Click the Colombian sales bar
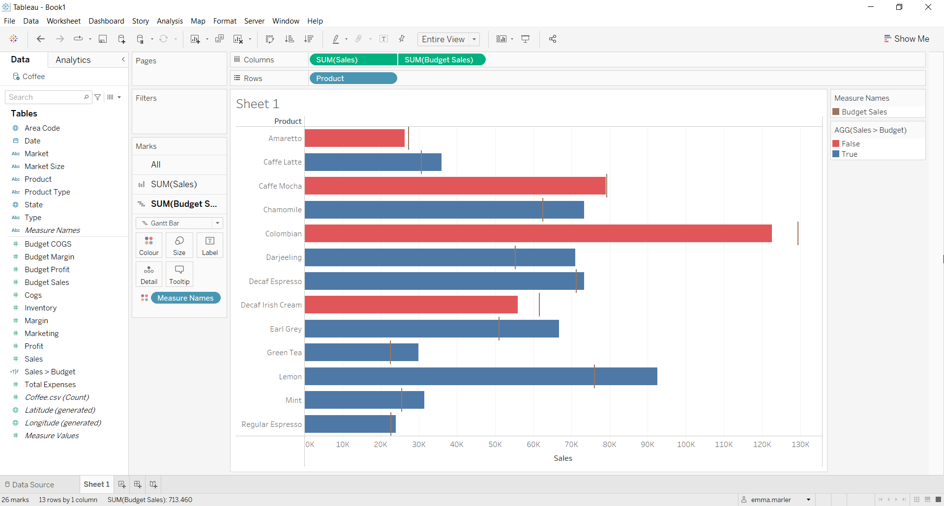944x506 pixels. pyautogui.click(x=538, y=233)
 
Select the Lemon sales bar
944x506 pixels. pyautogui.click(x=481, y=376)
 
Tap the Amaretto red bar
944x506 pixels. pyautogui.click(x=354, y=138)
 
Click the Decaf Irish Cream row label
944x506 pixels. pyautogui.click(x=271, y=305)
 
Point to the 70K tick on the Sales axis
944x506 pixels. pyautogui.click(x=571, y=444)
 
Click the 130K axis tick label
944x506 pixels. pyautogui.click(x=800, y=444)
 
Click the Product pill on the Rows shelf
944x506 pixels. pyautogui.click(x=353, y=78)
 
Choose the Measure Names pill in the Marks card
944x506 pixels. pyautogui.click(x=185, y=298)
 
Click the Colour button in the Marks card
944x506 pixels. pyautogui.click(x=149, y=245)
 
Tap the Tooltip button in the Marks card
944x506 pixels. pyautogui.click(x=179, y=274)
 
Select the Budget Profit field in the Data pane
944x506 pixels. pyautogui.click(x=47, y=269)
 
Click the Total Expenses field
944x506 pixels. pyautogui.click(x=50, y=384)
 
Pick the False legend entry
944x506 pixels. pyautogui.click(x=850, y=143)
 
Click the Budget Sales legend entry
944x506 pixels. pyautogui.click(x=864, y=112)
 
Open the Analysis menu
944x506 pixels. pyautogui.click(x=170, y=21)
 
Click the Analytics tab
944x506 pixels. pyautogui.click(x=73, y=60)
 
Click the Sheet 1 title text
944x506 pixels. pyautogui.click(x=258, y=104)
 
